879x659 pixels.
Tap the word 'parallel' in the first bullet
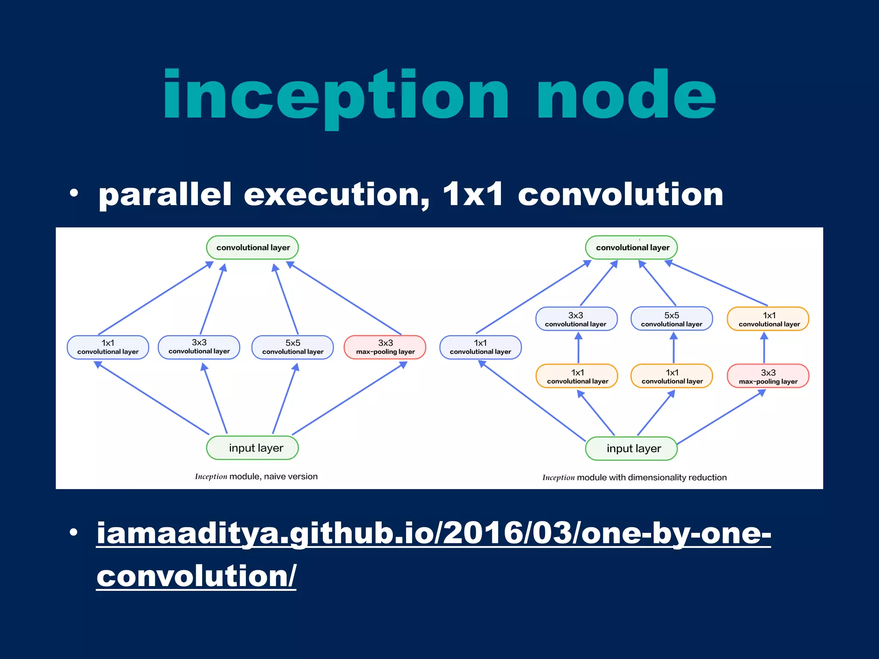(x=165, y=195)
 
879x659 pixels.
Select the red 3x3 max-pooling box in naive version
(x=385, y=347)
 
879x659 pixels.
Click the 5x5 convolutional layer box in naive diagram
(x=293, y=347)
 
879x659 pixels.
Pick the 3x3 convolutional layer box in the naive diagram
(x=199, y=347)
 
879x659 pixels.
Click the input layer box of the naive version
(x=252, y=448)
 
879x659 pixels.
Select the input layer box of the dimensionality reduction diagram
(x=631, y=448)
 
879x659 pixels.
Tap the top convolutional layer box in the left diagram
(x=252, y=248)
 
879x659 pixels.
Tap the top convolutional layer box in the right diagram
(x=631, y=248)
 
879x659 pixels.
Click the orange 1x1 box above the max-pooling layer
(x=768, y=319)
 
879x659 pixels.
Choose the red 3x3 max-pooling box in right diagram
(x=768, y=376)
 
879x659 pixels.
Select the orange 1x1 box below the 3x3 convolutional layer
(x=577, y=376)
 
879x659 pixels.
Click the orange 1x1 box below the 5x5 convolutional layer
(x=672, y=376)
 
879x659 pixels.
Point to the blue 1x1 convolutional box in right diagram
(x=480, y=347)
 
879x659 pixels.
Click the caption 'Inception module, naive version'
(x=256, y=476)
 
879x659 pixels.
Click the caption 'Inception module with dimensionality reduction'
(x=634, y=478)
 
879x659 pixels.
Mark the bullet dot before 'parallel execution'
(x=74, y=193)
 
